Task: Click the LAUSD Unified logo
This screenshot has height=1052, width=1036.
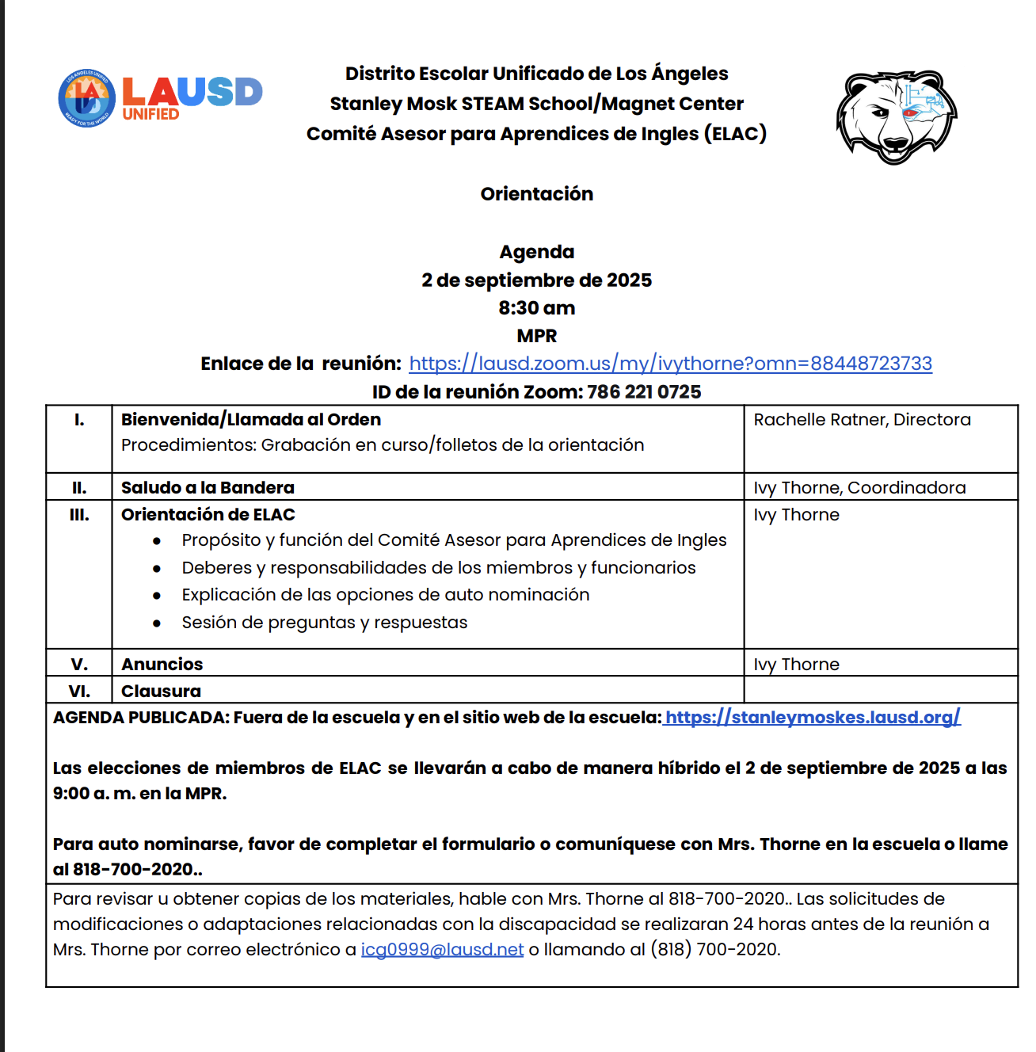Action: pos(160,97)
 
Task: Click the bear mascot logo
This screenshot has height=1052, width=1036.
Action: pos(896,116)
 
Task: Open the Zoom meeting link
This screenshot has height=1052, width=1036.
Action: pos(670,364)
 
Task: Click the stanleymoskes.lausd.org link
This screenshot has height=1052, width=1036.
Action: pos(813,718)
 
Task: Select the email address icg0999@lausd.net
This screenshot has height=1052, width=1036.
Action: pos(442,950)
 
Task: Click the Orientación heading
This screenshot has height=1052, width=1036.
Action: pos(536,194)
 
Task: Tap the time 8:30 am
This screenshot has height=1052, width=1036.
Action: pos(536,308)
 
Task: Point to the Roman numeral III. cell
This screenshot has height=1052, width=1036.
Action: pos(79,515)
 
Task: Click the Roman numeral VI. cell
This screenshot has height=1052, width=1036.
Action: pos(79,691)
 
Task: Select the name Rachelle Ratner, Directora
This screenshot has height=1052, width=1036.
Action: pos(862,420)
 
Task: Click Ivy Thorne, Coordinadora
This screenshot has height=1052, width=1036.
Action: pos(859,488)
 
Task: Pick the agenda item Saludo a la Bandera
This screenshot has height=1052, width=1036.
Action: pos(208,488)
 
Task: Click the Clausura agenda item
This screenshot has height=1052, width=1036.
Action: pos(161,691)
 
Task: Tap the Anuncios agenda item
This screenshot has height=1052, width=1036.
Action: pos(162,665)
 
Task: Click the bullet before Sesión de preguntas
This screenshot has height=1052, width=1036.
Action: pos(157,623)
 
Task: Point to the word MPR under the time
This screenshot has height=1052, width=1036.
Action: pos(536,336)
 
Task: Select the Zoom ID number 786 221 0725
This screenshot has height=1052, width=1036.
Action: pos(644,392)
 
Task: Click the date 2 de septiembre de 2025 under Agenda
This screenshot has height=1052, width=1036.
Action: pos(536,280)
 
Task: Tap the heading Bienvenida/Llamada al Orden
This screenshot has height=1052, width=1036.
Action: pos(251,420)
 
